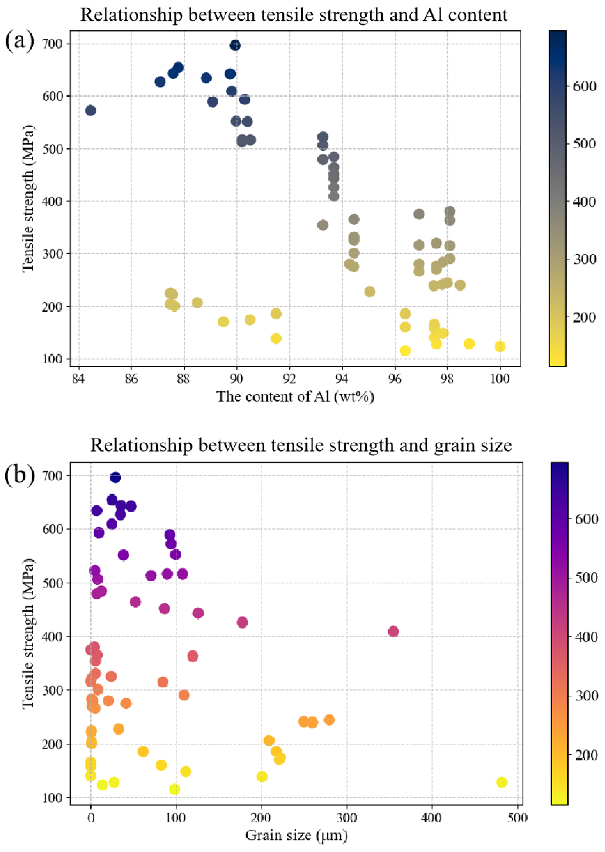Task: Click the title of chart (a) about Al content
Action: click(294, 15)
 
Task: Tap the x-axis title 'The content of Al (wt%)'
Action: click(295, 396)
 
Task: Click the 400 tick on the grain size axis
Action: click(432, 818)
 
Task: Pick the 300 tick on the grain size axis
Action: click(347, 818)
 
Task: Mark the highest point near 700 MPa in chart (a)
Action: click(235, 45)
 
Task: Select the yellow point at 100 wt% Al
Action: click(500, 346)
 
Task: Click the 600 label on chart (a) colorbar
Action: click(584, 86)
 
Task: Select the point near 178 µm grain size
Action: click(242, 622)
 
